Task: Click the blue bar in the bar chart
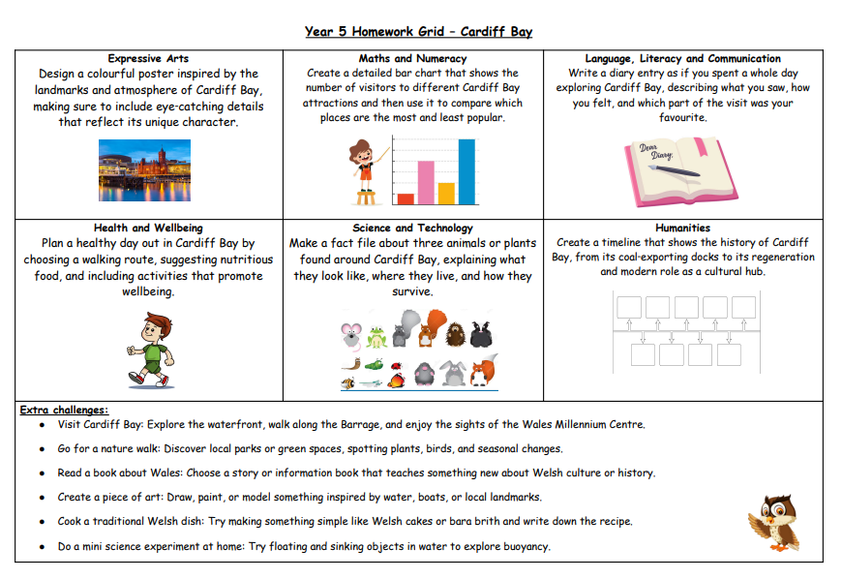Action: [466, 172]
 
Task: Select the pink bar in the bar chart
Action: [426, 183]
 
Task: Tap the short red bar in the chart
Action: [406, 198]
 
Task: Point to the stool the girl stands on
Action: [367, 197]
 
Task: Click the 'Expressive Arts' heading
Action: [148, 59]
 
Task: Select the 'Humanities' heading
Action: [683, 229]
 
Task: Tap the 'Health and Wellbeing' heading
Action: [148, 229]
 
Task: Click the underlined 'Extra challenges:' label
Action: [64, 411]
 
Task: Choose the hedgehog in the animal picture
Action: [455, 334]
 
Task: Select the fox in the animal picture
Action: [482, 371]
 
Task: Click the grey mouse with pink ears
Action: [350, 336]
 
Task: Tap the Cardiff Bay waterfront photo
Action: [144, 168]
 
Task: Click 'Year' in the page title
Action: [318, 32]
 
